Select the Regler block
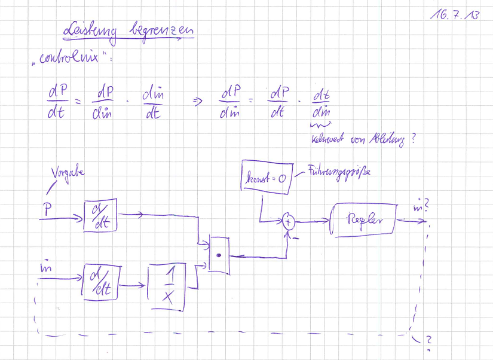pyautogui.click(x=364, y=221)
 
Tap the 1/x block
pyautogui.click(x=168, y=285)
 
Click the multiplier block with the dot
pyautogui.click(x=220, y=255)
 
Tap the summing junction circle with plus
pyautogui.click(x=289, y=222)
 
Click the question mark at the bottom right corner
pyautogui.click(x=428, y=341)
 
